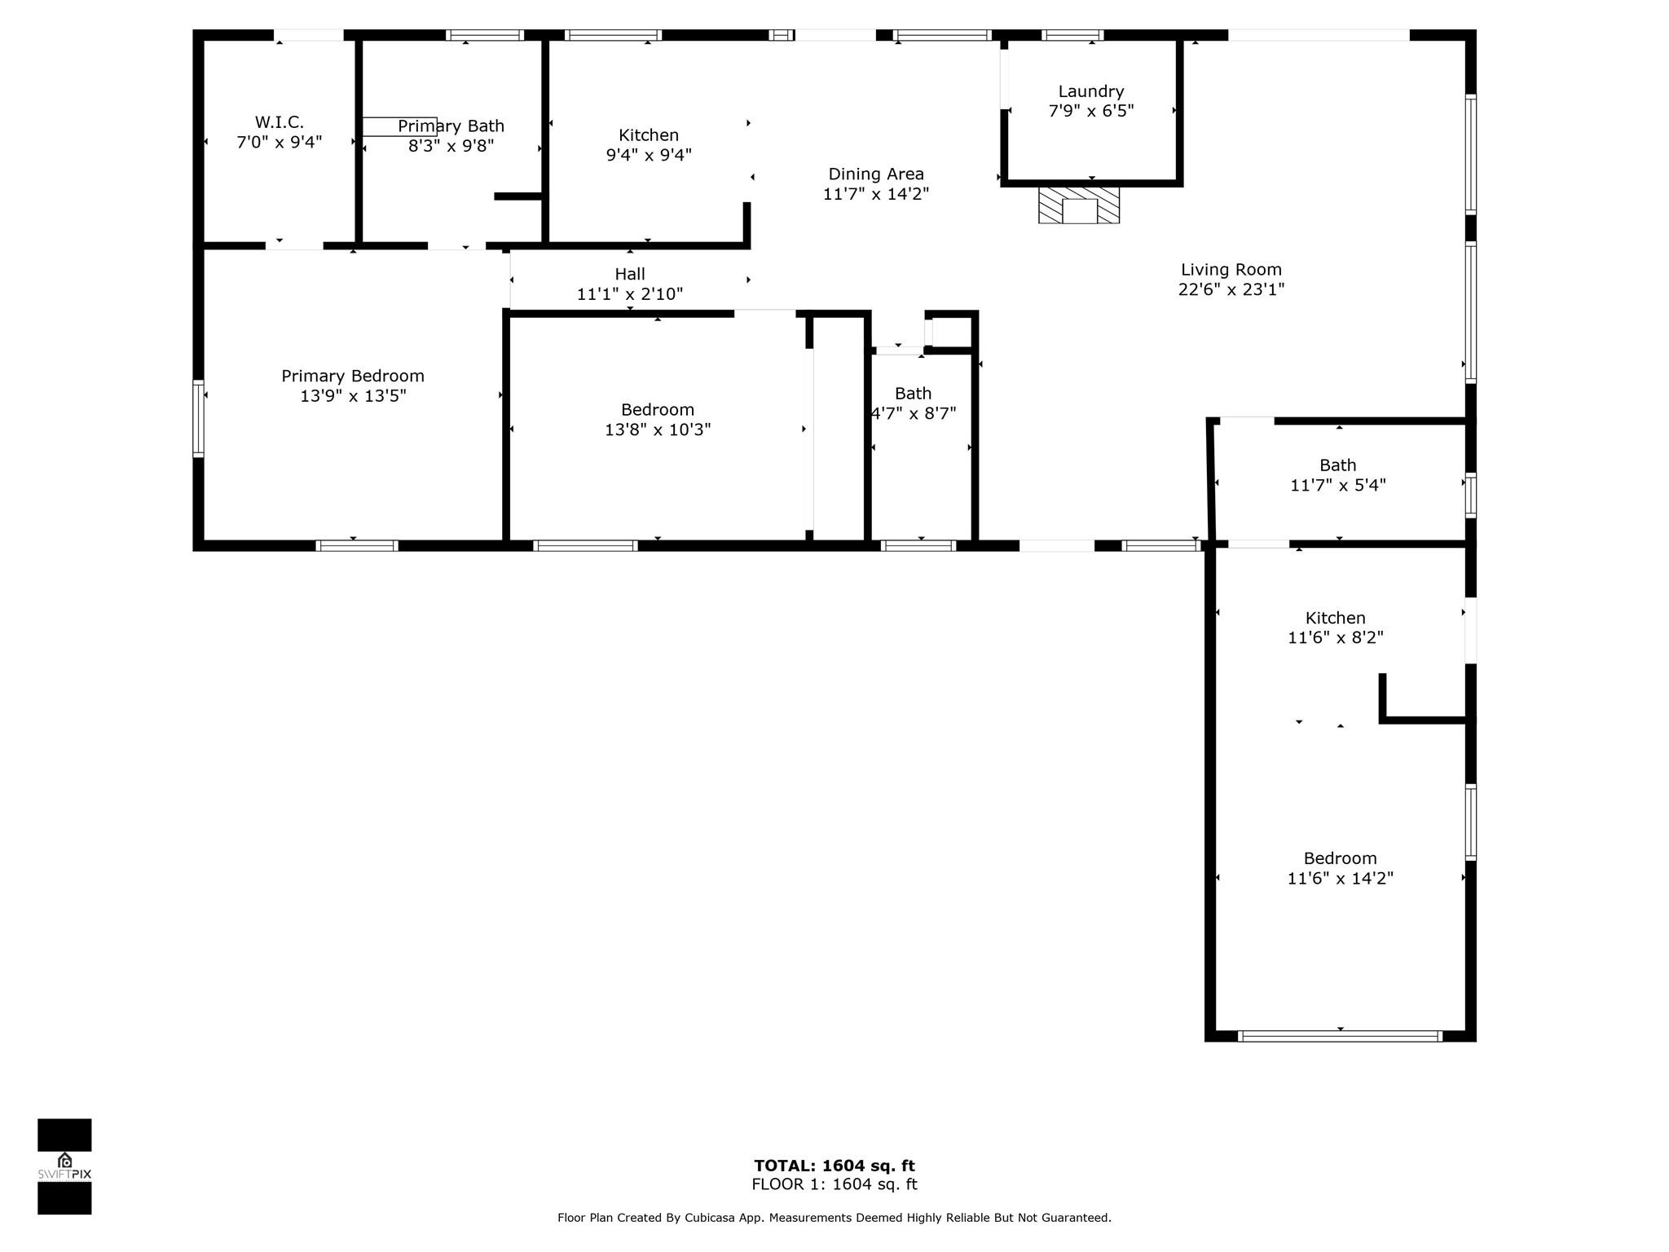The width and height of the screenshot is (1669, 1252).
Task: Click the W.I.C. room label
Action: coord(280,122)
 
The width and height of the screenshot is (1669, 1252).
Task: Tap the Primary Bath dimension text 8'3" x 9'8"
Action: coord(451,146)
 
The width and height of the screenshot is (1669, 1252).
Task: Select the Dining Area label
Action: coord(876,174)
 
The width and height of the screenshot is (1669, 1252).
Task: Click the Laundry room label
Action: coord(1091,91)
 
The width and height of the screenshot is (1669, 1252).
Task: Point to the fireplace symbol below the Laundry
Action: coord(1079,205)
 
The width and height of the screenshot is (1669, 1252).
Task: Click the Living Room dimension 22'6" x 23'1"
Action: coord(1231,289)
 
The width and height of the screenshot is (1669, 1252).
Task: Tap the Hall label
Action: coord(630,274)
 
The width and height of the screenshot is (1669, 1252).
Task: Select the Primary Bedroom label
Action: coord(353,376)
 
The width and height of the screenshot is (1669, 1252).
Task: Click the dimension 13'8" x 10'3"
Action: coord(658,430)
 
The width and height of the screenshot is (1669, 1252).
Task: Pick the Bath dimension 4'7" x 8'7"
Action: coord(914,413)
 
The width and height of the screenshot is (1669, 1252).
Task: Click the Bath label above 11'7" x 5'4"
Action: coord(1338,465)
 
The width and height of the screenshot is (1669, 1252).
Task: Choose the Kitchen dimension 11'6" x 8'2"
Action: coord(1336,637)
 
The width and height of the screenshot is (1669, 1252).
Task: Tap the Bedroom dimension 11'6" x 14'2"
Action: coord(1341,878)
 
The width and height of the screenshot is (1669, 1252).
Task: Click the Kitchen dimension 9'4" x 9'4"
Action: coord(649,155)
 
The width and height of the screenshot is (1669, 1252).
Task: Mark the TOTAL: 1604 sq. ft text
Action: coord(834,1166)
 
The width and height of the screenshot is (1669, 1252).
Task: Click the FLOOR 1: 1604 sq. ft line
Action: coord(834,1184)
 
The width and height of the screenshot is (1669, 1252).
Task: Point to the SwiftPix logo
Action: coord(64,1166)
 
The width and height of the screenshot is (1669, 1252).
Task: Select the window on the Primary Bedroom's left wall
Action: coord(198,418)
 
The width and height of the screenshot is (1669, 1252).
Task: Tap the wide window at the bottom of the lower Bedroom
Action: coord(1340,1036)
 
